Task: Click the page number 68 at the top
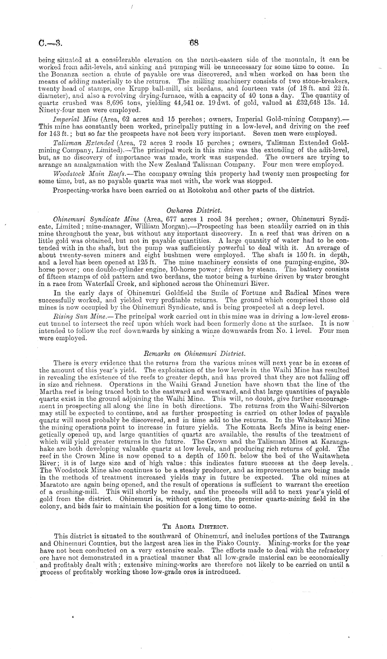[193, 43]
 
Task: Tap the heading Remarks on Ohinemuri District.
[195, 354]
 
